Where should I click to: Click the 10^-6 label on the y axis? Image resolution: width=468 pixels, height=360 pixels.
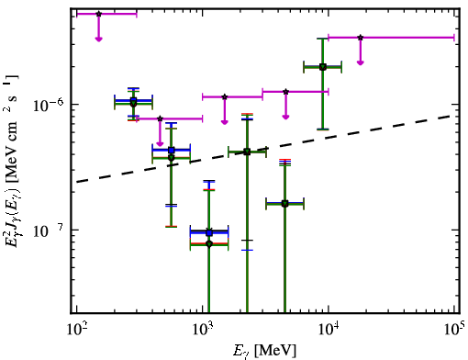pyautogui.click(x=49, y=105)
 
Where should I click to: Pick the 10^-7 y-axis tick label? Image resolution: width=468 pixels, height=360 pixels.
pyautogui.click(x=49, y=231)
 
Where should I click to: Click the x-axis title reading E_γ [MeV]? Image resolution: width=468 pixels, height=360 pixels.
pyautogui.click(x=264, y=351)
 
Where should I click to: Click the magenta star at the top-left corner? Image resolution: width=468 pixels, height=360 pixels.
pyautogui.click(x=98, y=14)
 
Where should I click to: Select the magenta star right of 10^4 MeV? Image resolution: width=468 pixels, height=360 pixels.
pyautogui.click(x=361, y=38)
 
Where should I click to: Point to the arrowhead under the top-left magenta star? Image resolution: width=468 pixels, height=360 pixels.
pyautogui.click(x=98, y=39)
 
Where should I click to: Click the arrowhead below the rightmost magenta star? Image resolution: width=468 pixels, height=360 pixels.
pyautogui.click(x=361, y=62)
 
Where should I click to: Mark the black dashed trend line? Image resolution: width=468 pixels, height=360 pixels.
pyautogui.click(x=265, y=149)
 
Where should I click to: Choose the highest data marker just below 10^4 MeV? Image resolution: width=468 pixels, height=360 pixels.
pyautogui.click(x=323, y=67)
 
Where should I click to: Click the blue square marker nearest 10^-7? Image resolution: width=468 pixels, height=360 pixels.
pyautogui.click(x=209, y=233)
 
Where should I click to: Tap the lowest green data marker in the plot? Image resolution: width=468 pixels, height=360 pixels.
pyautogui.click(x=209, y=244)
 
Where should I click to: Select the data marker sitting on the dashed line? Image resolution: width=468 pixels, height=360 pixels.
pyautogui.click(x=247, y=152)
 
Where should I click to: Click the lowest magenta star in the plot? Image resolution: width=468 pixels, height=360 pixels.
pyautogui.click(x=160, y=118)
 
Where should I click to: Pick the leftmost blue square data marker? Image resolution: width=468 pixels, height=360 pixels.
pyautogui.click(x=133, y=100)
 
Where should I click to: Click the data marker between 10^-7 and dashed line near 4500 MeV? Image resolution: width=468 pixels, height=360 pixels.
pyautogui.click(x=284, y=204)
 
